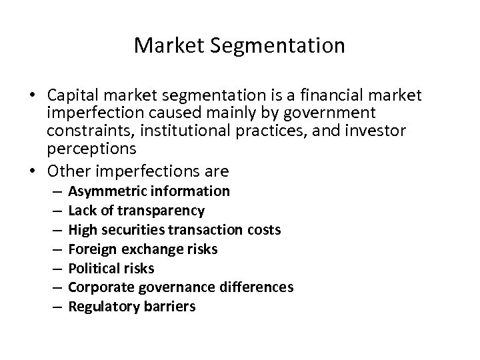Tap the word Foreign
pyautogui.click(x=91, y=249)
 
